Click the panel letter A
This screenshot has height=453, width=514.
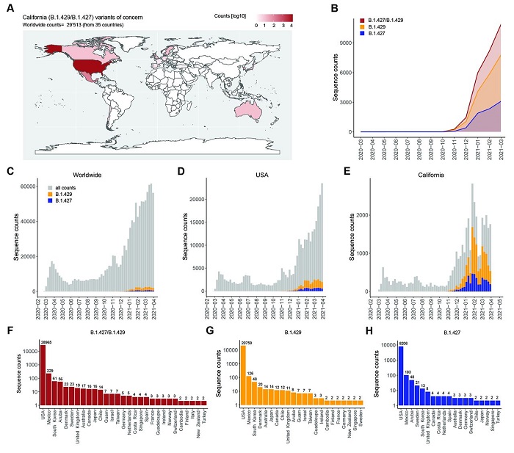(x=10, y=10)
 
